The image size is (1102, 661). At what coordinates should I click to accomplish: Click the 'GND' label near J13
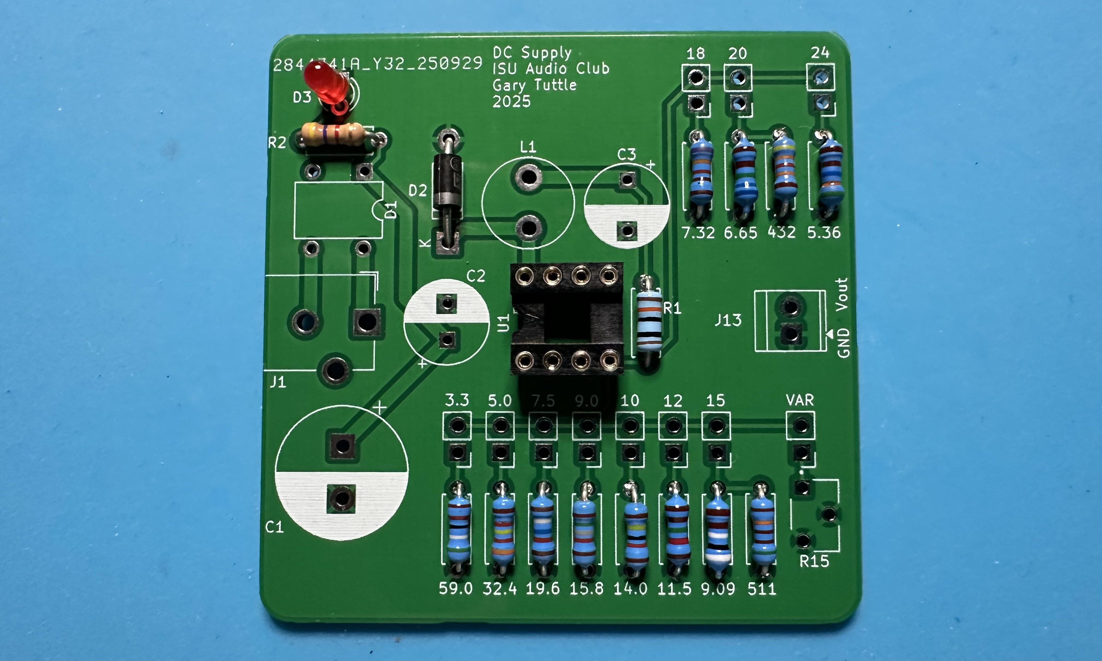click(x=843, y=343)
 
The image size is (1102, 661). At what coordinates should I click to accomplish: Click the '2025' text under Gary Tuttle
click(x=511, y=102)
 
